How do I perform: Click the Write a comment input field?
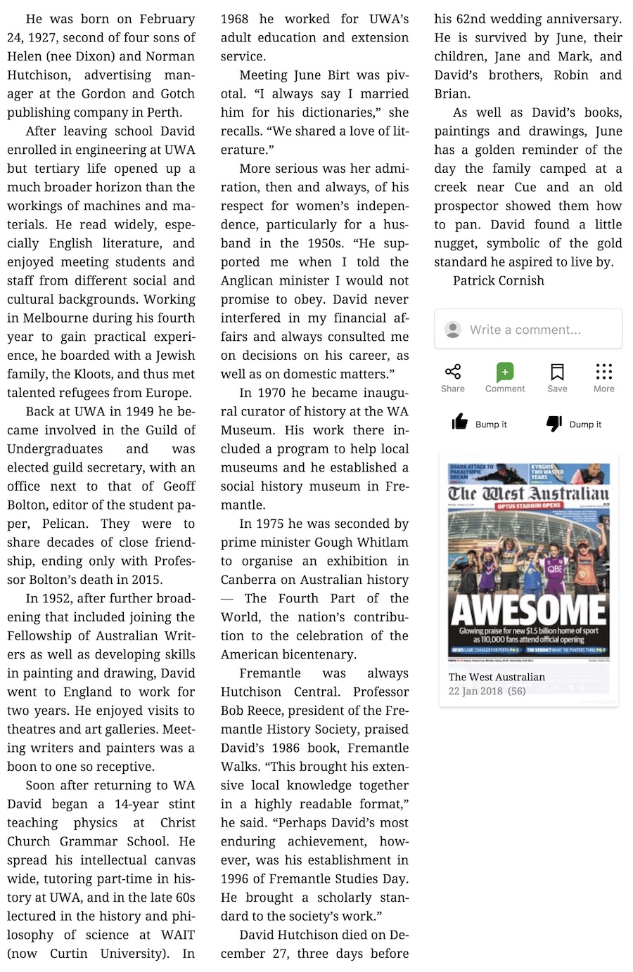(x=535, y=330)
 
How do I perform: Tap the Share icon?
(x=453, y=372)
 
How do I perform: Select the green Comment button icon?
(x=505, y=372)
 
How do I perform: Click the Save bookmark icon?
(x=557, y=372)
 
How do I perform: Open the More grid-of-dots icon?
(x=603, y=372)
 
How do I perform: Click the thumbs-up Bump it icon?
(x=460, y=422)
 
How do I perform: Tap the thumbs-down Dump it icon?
(x=554, y=423)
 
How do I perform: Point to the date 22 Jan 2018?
(x=475, y=691)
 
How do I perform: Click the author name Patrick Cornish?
(x=498, y=280)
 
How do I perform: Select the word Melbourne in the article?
(x=58, y=318)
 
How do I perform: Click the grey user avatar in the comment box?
(x=454, y=329)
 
